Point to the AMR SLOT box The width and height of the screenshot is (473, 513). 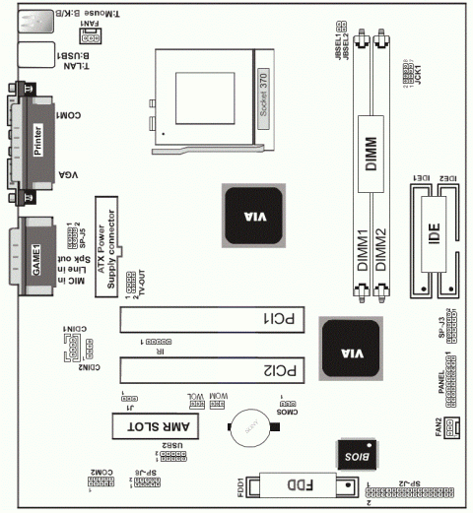[x=158, y=426]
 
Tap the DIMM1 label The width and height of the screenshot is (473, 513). [x=362, y=252]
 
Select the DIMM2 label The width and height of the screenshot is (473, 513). [x=385, y=252]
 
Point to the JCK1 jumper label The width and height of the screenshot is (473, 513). [x=418, y=73]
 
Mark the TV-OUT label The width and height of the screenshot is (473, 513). [x=141, y=284]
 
